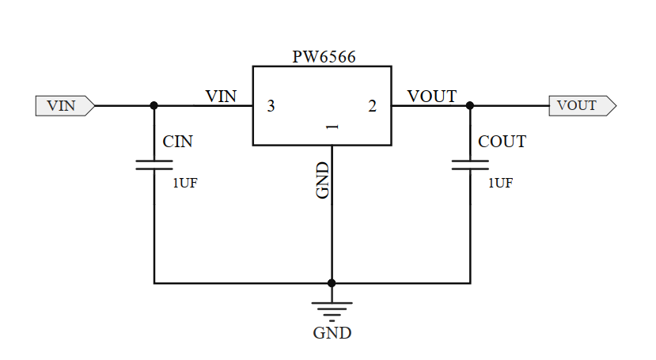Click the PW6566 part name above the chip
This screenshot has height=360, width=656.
(x=323, y=57)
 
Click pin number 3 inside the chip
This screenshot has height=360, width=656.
(x=271, y=106)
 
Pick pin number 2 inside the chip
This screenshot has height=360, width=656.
(x=372, y=106)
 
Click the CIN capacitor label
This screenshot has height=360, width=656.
(x=178, y=142)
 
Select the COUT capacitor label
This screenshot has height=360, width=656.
(x=502, y=142)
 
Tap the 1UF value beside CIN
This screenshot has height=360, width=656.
(x=185, y=183)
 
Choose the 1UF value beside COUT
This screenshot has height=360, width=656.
(x=500, y=183)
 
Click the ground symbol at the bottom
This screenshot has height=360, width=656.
(x=332, y=307)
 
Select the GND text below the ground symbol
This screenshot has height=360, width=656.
(x=332, y=333)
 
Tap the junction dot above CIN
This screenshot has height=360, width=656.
(x=154, y=105)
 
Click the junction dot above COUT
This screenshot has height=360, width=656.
(x=470, y=105)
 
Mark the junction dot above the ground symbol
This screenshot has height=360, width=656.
(x=332, y=282)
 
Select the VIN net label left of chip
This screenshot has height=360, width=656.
(x=221, y=97)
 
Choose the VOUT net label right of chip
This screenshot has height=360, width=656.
(x=431, y=97)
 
